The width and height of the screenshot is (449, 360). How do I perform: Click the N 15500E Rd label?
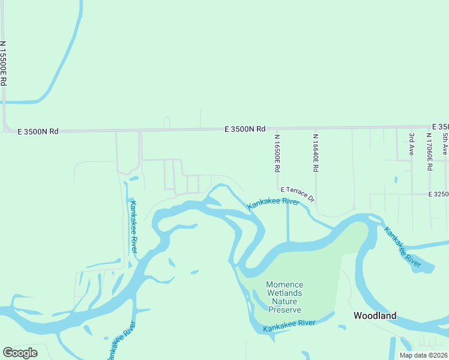(4, 62)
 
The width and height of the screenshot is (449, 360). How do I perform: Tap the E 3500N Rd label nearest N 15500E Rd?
(38, 131)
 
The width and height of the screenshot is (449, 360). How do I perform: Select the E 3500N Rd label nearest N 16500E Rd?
(245, 129)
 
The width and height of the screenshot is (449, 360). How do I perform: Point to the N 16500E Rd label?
(277, 153)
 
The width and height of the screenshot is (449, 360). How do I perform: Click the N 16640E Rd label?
(315, 153)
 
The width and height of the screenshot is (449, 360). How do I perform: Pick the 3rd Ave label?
(412, 145)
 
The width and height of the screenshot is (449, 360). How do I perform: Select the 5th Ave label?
(445, 145)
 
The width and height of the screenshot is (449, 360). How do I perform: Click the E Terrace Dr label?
(298, 193)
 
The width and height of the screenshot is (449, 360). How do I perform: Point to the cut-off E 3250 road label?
(439, 194)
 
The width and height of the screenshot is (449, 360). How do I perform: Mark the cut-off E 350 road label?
(440, 127)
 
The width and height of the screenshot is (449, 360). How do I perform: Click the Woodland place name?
(375, 316)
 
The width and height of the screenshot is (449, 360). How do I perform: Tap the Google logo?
(20, 353)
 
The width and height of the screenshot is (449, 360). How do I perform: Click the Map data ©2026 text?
(423, 355)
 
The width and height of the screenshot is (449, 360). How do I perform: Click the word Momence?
(285, 284)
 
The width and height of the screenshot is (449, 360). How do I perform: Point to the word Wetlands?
(285, 293)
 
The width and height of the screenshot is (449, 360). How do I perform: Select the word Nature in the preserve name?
(285, 301)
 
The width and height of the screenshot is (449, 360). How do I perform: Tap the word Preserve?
(285, 310)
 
